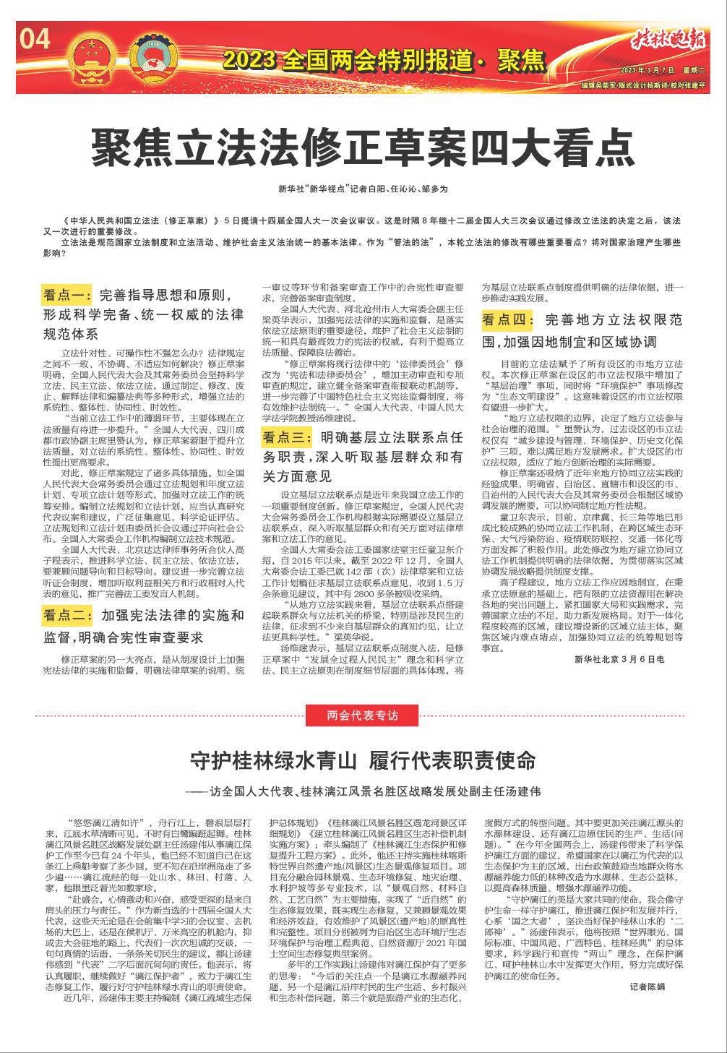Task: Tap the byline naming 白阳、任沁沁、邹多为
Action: [363, 189]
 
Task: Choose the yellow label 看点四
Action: [507, 320]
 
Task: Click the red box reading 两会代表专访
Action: [363, 715]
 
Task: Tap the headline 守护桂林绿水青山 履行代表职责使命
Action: [363, 761]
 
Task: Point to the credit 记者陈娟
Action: [647, 987]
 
